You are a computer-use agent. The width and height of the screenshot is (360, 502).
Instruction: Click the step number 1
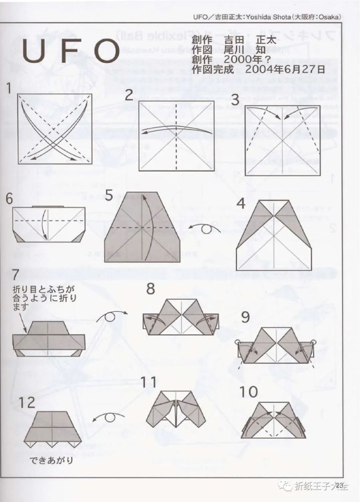9,88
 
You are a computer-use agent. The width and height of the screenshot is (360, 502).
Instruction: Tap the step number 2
129,94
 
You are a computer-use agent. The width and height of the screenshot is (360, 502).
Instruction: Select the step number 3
234,99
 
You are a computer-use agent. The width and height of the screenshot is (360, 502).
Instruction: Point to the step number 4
242,204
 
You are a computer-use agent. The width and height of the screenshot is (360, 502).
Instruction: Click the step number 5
108,195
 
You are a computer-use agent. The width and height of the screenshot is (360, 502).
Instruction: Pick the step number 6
9,198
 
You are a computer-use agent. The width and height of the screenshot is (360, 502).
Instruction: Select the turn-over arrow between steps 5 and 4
206,228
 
